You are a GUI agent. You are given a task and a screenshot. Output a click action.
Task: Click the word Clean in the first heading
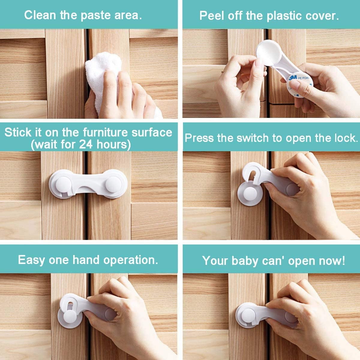40,15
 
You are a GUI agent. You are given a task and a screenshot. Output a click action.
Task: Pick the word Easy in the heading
31,260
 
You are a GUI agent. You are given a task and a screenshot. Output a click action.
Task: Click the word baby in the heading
245,261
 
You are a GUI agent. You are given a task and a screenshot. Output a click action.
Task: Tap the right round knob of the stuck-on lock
113,184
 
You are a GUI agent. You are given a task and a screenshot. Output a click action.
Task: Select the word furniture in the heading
106,132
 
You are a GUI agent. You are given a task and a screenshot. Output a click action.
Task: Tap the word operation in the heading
130,260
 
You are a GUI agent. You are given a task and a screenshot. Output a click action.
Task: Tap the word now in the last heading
332,261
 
